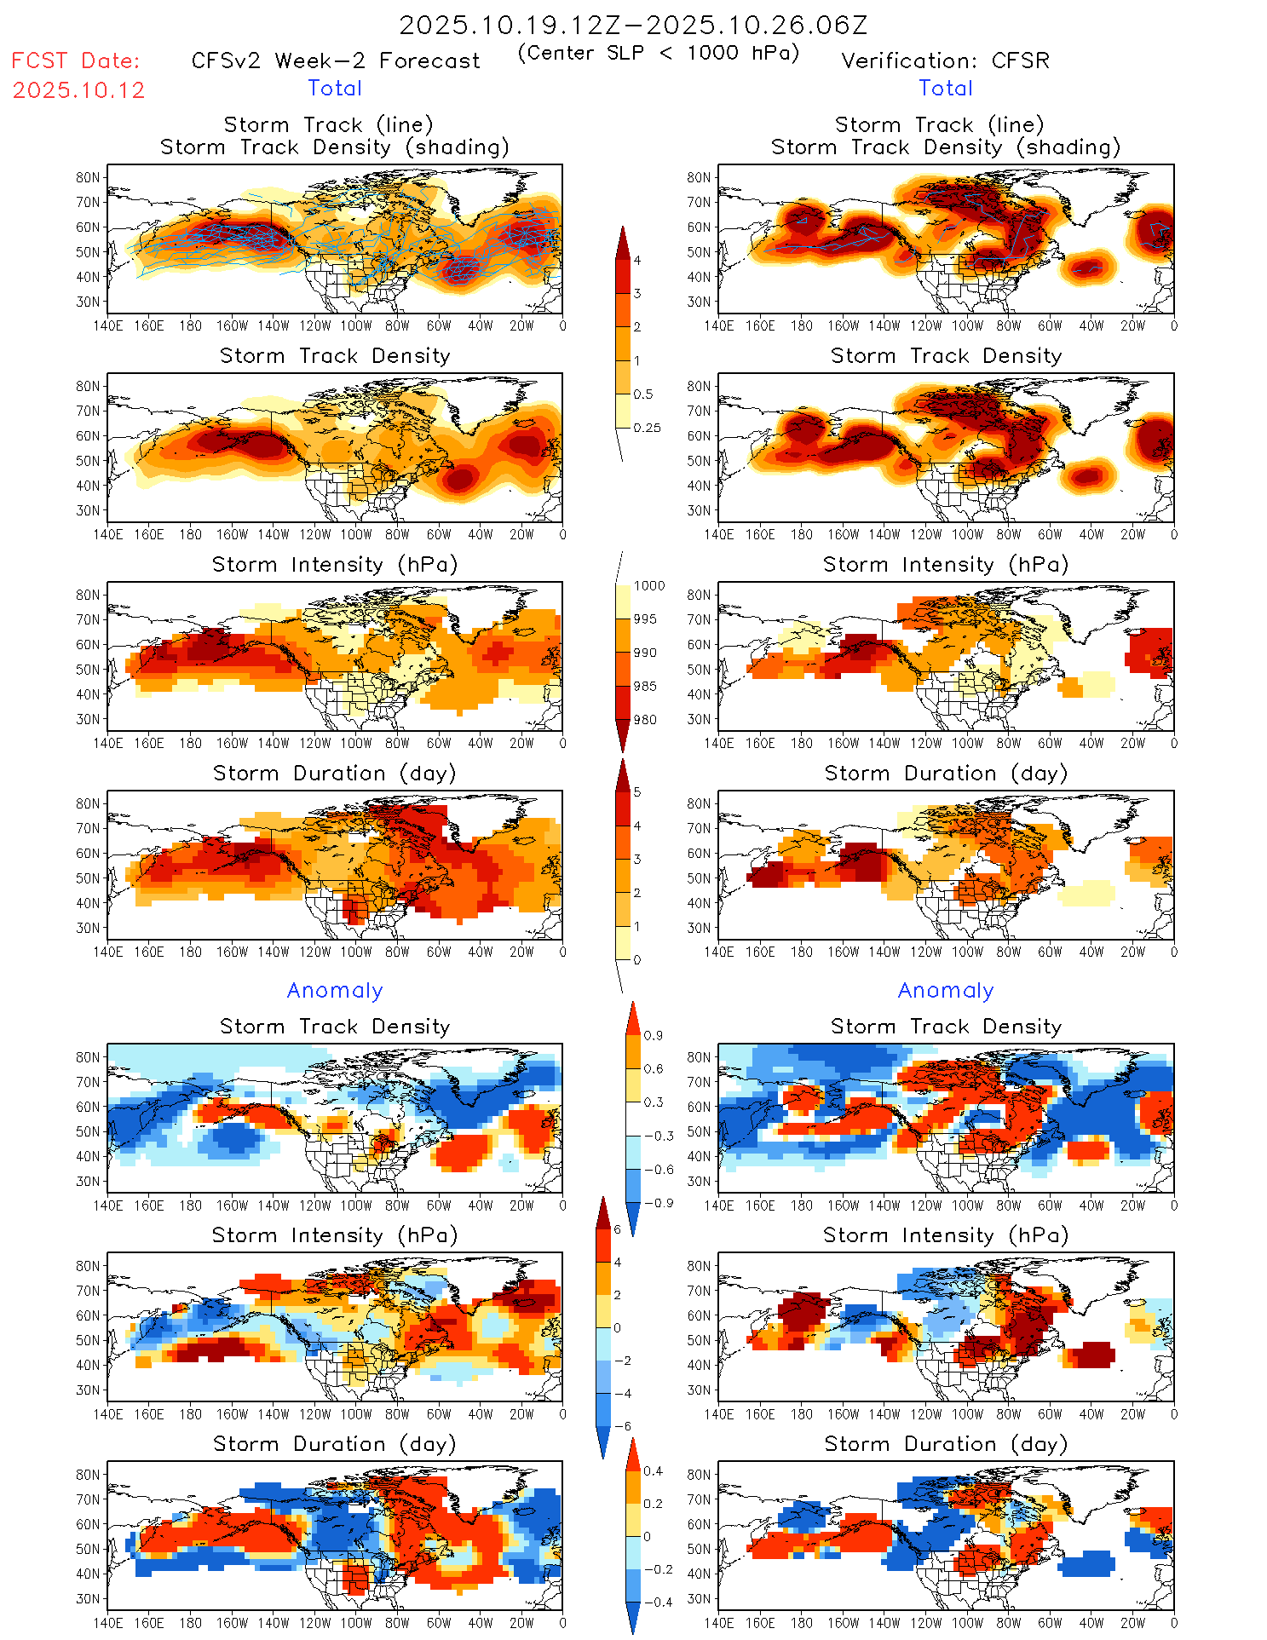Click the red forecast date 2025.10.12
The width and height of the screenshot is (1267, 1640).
[x=78, y=90]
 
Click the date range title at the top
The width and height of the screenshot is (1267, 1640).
[x=633, y=25]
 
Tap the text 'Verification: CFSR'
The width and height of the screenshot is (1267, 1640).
[x=945, y=60]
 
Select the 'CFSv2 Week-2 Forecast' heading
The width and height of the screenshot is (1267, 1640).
[x=336, y=60]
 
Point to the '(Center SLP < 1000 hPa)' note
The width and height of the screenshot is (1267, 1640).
[x=659, y=53]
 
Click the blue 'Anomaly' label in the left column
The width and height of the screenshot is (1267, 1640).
[x=335, y=990]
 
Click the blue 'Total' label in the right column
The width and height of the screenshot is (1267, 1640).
[x=945, y=88]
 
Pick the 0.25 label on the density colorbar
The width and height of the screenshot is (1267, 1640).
[x=647, y=428]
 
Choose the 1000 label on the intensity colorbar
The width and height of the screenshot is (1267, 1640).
[x=648, y=585]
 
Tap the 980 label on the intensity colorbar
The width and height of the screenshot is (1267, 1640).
[x=645, y=720]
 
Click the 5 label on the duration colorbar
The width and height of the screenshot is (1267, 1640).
[x=637, y=791]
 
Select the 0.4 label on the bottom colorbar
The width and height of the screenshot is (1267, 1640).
[x=653, y=1470]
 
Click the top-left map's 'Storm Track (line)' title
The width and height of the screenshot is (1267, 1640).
[x=328, y=124]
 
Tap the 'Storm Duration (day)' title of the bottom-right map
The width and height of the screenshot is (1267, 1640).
[x=946, y=1444]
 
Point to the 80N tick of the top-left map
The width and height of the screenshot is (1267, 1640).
[x=88, y=177]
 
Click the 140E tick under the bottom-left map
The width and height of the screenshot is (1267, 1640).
[x=108, y=1623]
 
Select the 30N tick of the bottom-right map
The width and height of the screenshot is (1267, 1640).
[x=699, y=1598]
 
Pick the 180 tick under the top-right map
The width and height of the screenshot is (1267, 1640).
[x=801, y=325]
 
